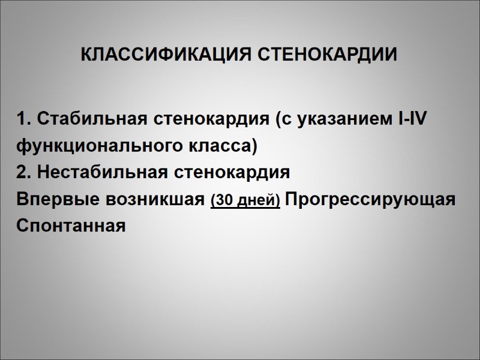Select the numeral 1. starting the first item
coord(25,119)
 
